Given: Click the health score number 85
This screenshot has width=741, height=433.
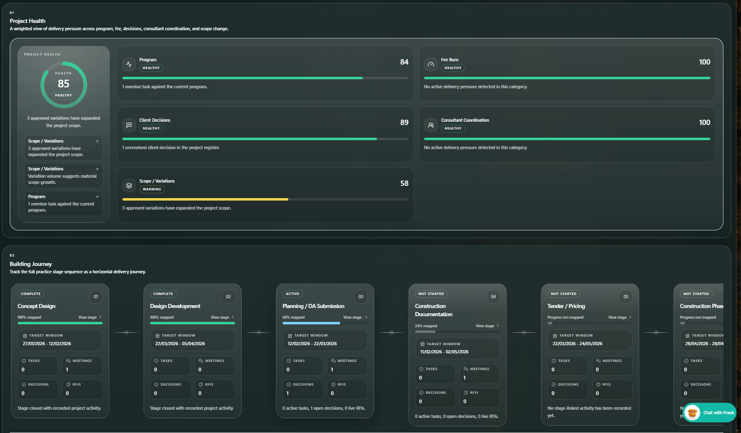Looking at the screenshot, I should [x=63, y=84].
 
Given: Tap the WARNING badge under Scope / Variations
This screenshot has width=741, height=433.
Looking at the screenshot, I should [x=152, y=189].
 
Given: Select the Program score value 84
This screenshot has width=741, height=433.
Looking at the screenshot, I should [x=404, y=62].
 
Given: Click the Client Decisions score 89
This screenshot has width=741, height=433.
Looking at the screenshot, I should [x=404, y=123].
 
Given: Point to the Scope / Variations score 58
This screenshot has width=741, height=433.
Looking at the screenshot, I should [x=404, y=183].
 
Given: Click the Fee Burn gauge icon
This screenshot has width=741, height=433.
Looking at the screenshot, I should [x=431, y=64].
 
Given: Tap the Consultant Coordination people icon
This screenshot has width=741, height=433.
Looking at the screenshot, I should [x=431, y=125].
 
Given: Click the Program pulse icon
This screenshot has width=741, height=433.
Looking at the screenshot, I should [x=129, y=64].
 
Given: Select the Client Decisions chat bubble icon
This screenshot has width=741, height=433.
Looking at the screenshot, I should [x=129, y=125].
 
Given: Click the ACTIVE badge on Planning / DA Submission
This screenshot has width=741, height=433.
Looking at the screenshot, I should [x=292, y=294].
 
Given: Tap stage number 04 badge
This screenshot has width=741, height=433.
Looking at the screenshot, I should [x=493, y=297].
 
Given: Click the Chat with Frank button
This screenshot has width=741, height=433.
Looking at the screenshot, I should [x=710, y=413].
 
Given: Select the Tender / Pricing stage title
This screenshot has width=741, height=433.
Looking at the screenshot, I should [x=566, y=306].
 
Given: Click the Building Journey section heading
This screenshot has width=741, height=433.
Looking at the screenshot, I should [x=31, y=264].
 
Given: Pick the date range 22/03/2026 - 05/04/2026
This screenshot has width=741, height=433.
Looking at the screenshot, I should [x=180, y=344].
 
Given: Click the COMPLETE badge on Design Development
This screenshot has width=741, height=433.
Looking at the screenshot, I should [x=163, y=294].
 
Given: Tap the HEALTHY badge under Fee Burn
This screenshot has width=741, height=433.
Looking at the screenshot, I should [x=453, y=68].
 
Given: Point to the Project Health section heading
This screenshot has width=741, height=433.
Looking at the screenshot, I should [x=27, y=21].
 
